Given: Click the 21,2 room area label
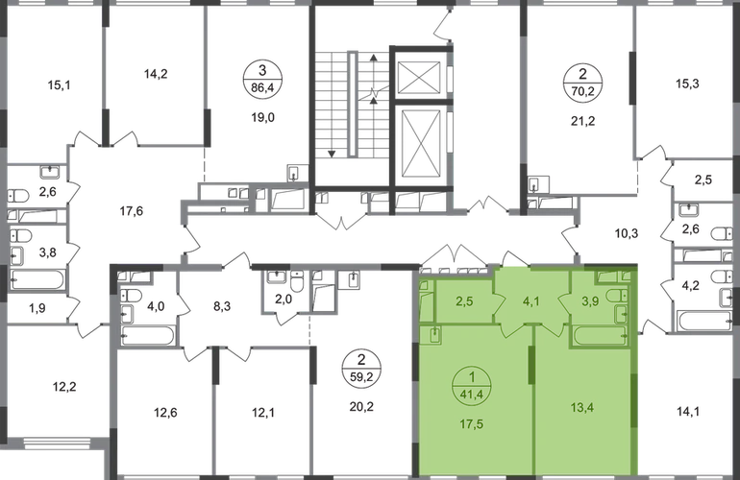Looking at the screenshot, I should click(x=580, y=121).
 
